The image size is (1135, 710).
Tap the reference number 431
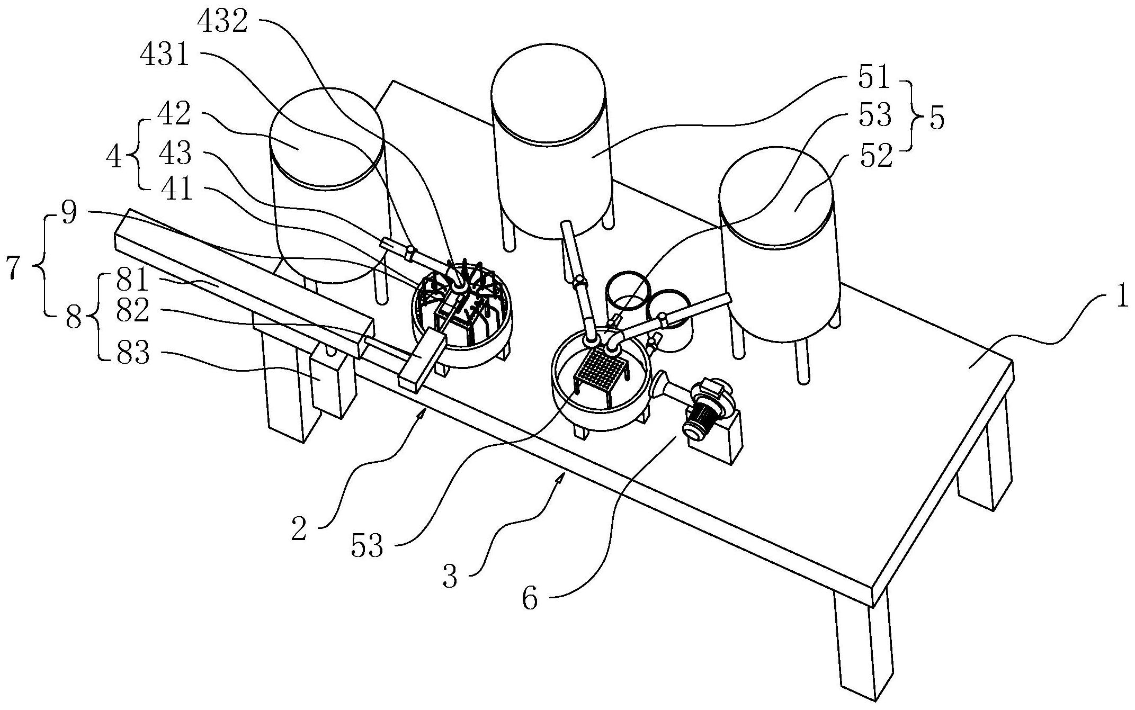pyautogui.click(x=165, y=55)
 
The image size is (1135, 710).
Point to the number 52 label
pyautogui.click(x=875, y=157)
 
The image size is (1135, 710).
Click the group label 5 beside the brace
pyautogui.click(x=936, y=119)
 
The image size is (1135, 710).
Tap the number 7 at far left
pyautogui.click(x=14, y=268)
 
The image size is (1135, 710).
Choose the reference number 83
pyautogui.click(x=133, y=353)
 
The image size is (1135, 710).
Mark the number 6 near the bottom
pyautogui.click(x=530, y=598)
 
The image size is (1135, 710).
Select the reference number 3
pyautogui.click(x=450, y=577)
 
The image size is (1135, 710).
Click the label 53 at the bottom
pyautogui.click(x=367, y=545)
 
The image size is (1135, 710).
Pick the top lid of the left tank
pyautogui.click(x=326, y=137)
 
